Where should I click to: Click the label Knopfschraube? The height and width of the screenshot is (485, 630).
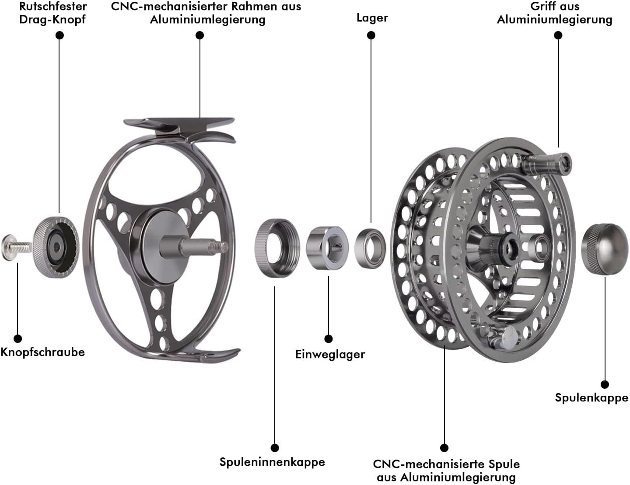pyautogui.click(x=42, y=352)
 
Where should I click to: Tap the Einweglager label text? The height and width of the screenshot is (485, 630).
pyautogui.click(x=330, y=354)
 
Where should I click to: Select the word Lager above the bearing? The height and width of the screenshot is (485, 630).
pyautogui.click(x=372, y=18)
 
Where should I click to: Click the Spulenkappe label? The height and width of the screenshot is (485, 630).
pyautogui.click(x=591, y=397)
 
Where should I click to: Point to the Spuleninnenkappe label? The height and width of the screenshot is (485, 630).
pyautogui.click(x=272, y=462)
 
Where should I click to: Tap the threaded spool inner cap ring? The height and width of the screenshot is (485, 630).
pyautogui.click(x=277, y=248)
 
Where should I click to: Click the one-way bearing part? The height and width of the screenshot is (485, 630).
pyautogui.click(x=327, y=248)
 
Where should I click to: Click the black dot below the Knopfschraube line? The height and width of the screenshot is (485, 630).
pyautogui.click(x=17, y=338)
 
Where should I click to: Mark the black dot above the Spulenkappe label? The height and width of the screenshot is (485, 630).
pyautogui.click(x=605, y=384)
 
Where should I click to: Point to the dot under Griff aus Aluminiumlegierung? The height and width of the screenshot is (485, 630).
pyautogui.click(x=558, y=35)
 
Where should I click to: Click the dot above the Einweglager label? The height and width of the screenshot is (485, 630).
pyautogui.click(x=329, y=338)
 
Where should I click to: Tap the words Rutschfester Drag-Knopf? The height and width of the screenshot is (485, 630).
pyautogui.click(x=52, y=13)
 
